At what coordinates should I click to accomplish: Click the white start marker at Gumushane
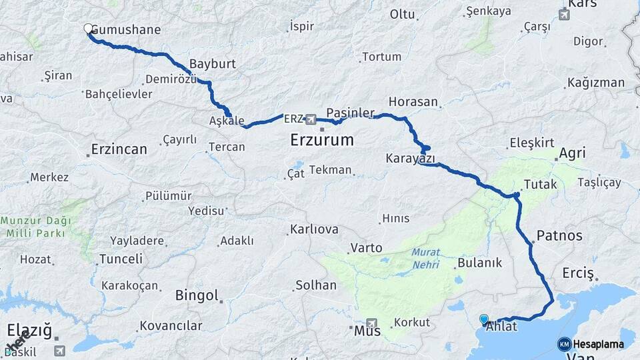point(88,29)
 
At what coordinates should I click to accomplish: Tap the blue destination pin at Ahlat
point(484,319)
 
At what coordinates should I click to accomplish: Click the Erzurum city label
point(322,140)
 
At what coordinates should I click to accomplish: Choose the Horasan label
point(413,102)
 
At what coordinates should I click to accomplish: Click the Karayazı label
point(410,159)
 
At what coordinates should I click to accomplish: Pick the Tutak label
point(539,184)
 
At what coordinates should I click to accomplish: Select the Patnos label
point(559,235)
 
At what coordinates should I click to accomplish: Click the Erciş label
point(577,273)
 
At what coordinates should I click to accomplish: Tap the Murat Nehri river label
point(425,258)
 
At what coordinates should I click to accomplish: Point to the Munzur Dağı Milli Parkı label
point(37,227)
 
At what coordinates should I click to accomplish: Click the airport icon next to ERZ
point(311,119)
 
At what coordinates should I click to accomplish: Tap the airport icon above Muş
point(371,322)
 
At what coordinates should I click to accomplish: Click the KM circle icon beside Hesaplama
point(564,344)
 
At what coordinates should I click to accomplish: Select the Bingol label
point(197,295)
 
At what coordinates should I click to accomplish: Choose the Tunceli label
point(121,259)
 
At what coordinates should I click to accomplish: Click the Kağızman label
point(596,83)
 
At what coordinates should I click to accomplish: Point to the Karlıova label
point(313,229)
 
